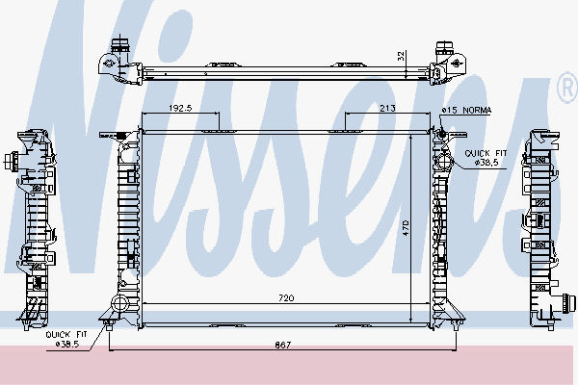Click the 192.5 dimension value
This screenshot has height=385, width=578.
(x=181, y=109)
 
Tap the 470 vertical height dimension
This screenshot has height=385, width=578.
(x=407, y=228)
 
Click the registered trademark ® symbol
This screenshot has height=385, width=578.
(x=565, y=90)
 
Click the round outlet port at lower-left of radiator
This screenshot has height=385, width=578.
(x=120, y=305)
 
